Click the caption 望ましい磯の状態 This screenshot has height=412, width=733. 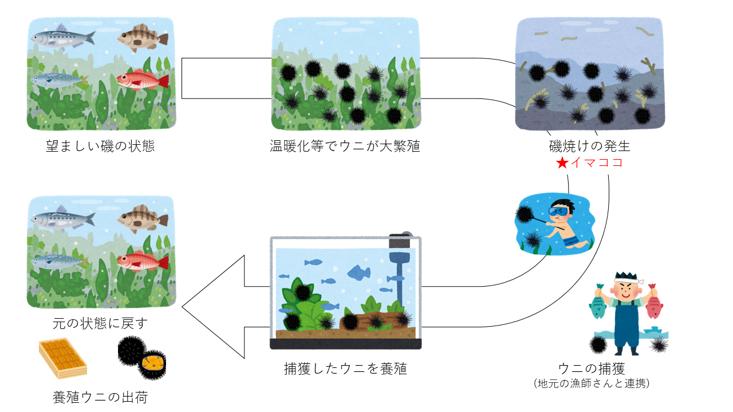[100, 146]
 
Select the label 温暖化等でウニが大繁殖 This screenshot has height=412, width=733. [345, 146]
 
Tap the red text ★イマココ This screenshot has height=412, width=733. [589, 163]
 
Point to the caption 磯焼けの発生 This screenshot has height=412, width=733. [590, 146]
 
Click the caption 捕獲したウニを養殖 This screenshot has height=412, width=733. [345, 369]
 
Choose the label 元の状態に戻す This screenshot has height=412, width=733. [100, 323]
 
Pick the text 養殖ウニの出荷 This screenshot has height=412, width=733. [100, 397]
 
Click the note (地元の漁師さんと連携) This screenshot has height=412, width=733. [591, 383]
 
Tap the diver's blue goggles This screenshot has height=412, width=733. [559, 212]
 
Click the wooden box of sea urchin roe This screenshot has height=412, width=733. [62, 358]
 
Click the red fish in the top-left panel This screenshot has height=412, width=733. [143, 81]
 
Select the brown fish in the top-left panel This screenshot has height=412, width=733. [143, 38]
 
